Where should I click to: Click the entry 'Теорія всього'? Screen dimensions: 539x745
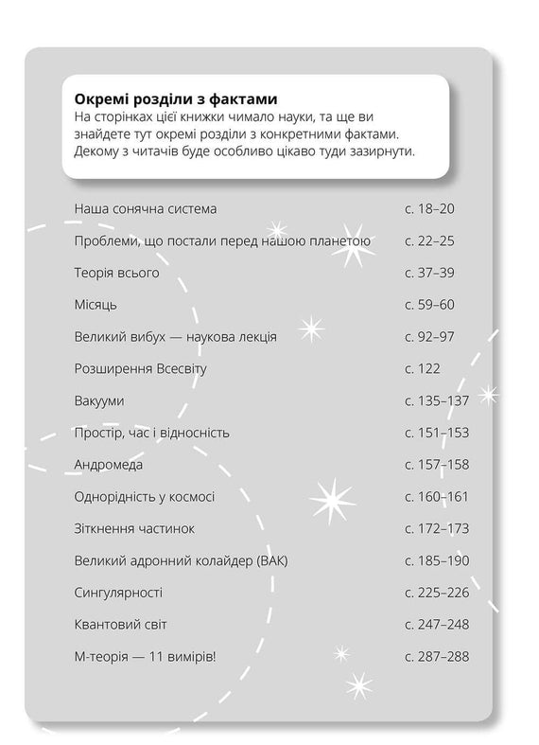tap(116, 273)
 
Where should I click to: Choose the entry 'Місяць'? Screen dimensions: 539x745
tap(96, 305)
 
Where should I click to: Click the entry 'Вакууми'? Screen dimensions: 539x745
tap(98, 400)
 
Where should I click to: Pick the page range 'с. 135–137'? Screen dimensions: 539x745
tap(436, 400)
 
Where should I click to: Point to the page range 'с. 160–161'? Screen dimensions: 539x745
tap(436, 497)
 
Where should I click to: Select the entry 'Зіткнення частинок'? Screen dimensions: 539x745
tap(133, 528)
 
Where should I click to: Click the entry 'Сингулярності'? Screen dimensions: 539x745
tap(118, 593)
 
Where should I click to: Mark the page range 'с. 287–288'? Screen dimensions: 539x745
tap(436, 657)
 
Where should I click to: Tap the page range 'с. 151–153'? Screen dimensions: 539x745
tap(436, 433)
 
